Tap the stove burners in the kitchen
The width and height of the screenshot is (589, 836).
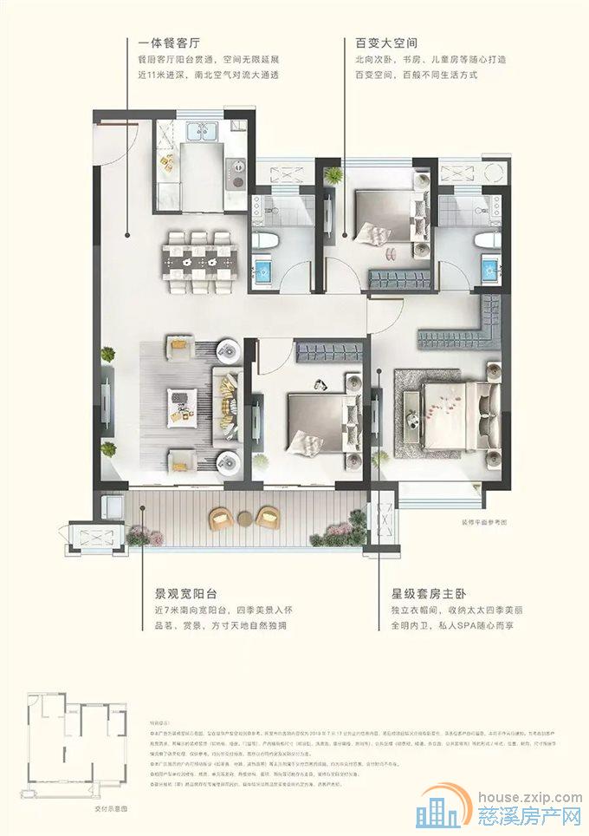[234, 173]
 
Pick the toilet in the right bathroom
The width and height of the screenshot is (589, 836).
[485, 243]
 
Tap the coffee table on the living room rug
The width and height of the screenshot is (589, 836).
[182, 404]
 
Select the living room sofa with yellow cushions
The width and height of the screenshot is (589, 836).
[229, 404]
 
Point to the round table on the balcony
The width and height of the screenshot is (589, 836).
[244, 520]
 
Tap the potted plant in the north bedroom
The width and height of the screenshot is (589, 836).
[331, 175]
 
